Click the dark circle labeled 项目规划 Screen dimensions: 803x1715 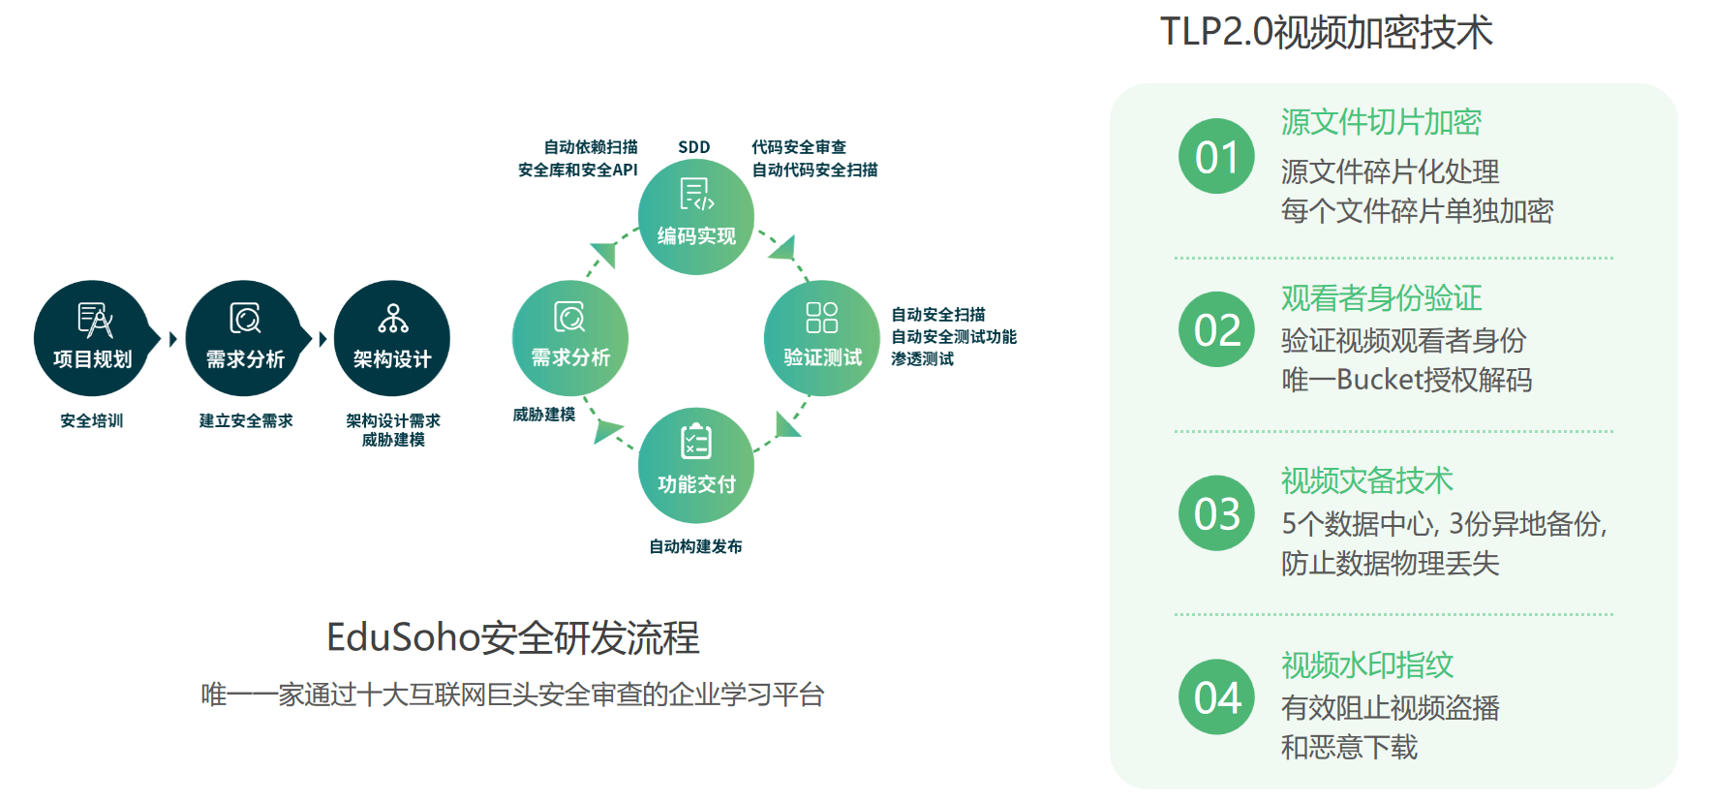92,338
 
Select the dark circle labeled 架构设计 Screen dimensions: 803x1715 392,338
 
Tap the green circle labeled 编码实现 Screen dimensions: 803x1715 695,217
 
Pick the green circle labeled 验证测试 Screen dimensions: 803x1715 821,338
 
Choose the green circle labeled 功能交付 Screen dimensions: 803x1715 695,465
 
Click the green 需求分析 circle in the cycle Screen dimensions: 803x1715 569,338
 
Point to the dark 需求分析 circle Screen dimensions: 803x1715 244,338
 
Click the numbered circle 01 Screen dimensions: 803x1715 1216,157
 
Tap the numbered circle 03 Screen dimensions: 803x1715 1216,513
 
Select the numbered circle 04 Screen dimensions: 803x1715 1216,697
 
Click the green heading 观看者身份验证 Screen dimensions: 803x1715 1381,297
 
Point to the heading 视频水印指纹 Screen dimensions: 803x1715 1366,664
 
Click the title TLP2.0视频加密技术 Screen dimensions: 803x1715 1326,32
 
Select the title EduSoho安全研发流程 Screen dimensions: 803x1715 512,637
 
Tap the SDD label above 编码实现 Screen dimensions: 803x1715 693,147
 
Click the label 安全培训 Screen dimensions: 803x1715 92,420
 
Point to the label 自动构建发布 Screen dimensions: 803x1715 695,546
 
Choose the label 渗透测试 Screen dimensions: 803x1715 922,358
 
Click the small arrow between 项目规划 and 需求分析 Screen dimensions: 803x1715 172,339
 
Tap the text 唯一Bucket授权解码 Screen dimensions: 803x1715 1406,380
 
